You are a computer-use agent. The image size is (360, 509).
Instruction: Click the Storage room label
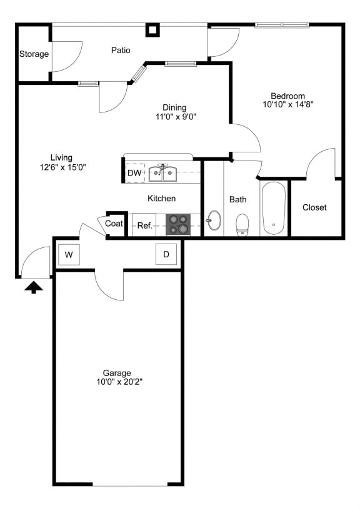(x=34, y=54)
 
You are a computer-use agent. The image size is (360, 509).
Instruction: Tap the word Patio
(x=121, y=50)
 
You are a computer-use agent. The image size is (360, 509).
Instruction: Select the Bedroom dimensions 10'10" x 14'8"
(x=288, y=104)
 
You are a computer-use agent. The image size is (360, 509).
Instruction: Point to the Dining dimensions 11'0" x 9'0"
(x=176, y=116)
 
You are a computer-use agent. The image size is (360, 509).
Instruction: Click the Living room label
(x=61, y=158)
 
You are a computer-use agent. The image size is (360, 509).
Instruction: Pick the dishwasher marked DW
(x=135, y=173)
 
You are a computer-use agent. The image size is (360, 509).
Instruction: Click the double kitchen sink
(x=162, y=173)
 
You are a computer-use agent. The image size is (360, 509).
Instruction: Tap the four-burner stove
(x=178, y=225)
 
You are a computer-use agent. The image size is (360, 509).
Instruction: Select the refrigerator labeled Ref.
(x=144, y=225)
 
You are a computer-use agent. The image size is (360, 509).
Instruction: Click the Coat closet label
(x=114, y=224)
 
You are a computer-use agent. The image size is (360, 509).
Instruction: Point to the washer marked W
(x=69, y=255)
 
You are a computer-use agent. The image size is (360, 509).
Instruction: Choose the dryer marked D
(x=166, y=254)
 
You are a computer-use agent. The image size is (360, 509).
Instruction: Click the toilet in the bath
(x=242, y=224)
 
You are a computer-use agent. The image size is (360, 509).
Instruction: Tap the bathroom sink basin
(x=214, y=220)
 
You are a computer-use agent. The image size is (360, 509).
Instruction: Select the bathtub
(x=274, y=208)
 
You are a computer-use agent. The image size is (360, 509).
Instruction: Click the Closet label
(x=314, y=207)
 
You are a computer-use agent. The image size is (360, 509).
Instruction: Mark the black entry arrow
(x=34, y=288)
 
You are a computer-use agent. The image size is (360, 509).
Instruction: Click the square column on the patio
(x=152, y=30)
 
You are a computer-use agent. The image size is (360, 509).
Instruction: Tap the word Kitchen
(x=161, y=199)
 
